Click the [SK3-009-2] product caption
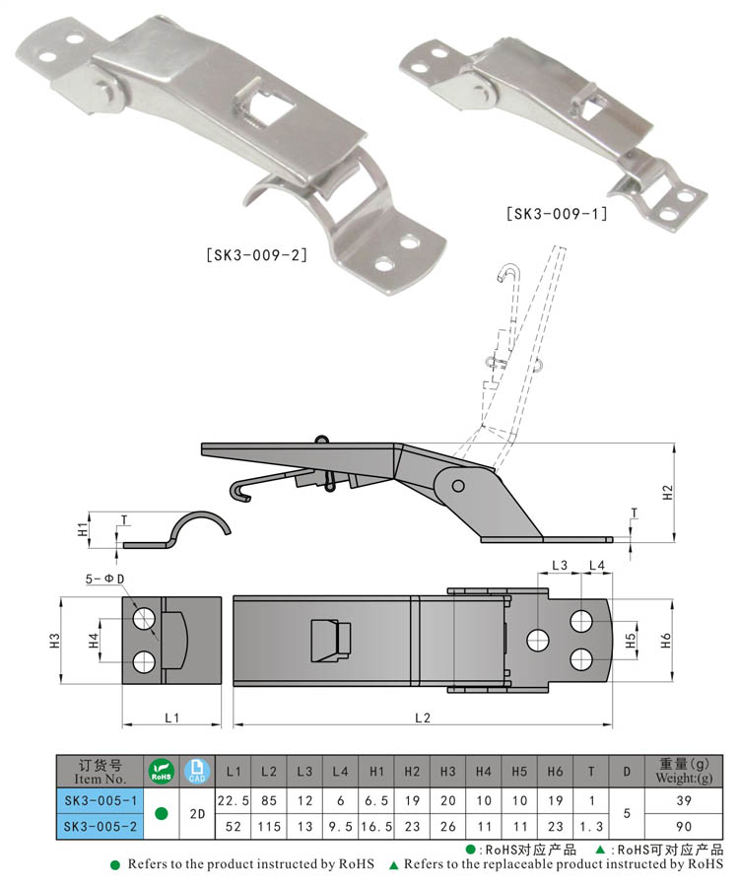[256, 255]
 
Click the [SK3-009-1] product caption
[557, 214]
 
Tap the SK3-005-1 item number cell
[101, 801]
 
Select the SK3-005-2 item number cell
[101, 826]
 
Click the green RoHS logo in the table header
[162, 772]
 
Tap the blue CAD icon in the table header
[197, 772]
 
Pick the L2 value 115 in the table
[269, 827]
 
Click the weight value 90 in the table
[684, 827]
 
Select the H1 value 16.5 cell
[376, 827]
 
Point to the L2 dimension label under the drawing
[423, 718]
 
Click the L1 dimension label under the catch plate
[172, 718]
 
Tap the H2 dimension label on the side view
[668, 493]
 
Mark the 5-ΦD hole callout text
[104, 579]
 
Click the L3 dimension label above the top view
[560, 565]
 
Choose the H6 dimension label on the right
[665, 641]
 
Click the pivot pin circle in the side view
[458, 485]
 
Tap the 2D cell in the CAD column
[198, 814]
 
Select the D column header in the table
[627, 772]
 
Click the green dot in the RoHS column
[162, 814]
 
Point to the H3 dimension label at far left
[55, 641]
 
